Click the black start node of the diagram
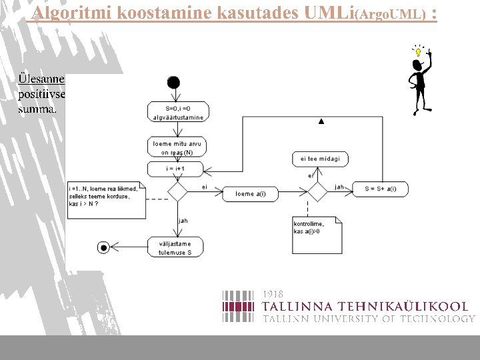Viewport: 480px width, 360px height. pos(174,82)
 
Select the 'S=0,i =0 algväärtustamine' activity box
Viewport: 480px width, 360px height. pos(177,111)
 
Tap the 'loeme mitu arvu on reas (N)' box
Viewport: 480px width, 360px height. pos(177,147)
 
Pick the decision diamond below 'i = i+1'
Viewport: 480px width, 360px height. pos(177,193)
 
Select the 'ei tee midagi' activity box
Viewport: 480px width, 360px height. pos(320,159)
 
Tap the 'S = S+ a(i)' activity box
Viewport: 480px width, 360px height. pos(380,189)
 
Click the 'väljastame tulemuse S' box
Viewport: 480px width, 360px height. pos(175,248)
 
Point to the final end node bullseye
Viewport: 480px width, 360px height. pos(103,248)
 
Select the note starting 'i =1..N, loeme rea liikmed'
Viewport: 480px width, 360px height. pos(106,199)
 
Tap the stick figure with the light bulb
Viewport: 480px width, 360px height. pos(420,83)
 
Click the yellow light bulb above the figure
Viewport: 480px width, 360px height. pos(418,51)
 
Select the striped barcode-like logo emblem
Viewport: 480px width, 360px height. pos(238,306)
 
